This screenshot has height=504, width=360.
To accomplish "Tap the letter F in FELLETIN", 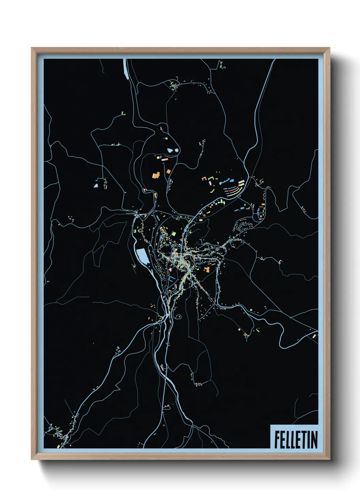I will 277,440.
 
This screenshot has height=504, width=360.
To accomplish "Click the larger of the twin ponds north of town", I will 170,150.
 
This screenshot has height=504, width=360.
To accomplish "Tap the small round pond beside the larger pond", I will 177,149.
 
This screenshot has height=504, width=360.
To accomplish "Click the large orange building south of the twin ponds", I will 156,175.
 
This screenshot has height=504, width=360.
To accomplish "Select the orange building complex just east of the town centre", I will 207,269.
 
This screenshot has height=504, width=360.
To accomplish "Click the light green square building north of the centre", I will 173,234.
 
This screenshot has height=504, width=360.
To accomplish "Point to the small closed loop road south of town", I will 179,317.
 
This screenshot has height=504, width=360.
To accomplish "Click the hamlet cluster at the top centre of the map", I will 174,85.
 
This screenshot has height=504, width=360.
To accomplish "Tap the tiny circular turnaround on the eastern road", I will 280,262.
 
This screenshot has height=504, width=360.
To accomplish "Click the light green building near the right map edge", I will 314,336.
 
